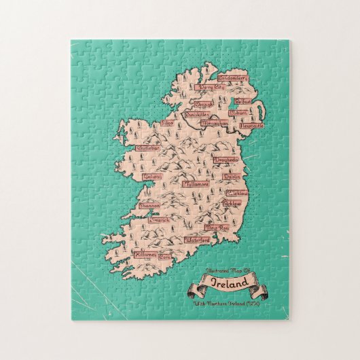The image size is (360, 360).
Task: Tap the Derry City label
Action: tap(211, 88)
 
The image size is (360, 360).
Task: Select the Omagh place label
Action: tap(204, 105)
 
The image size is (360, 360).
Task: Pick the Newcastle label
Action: tap(250, 126)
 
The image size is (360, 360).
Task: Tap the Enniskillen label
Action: tap(181, 115)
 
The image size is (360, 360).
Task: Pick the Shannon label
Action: tap(149, 204)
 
